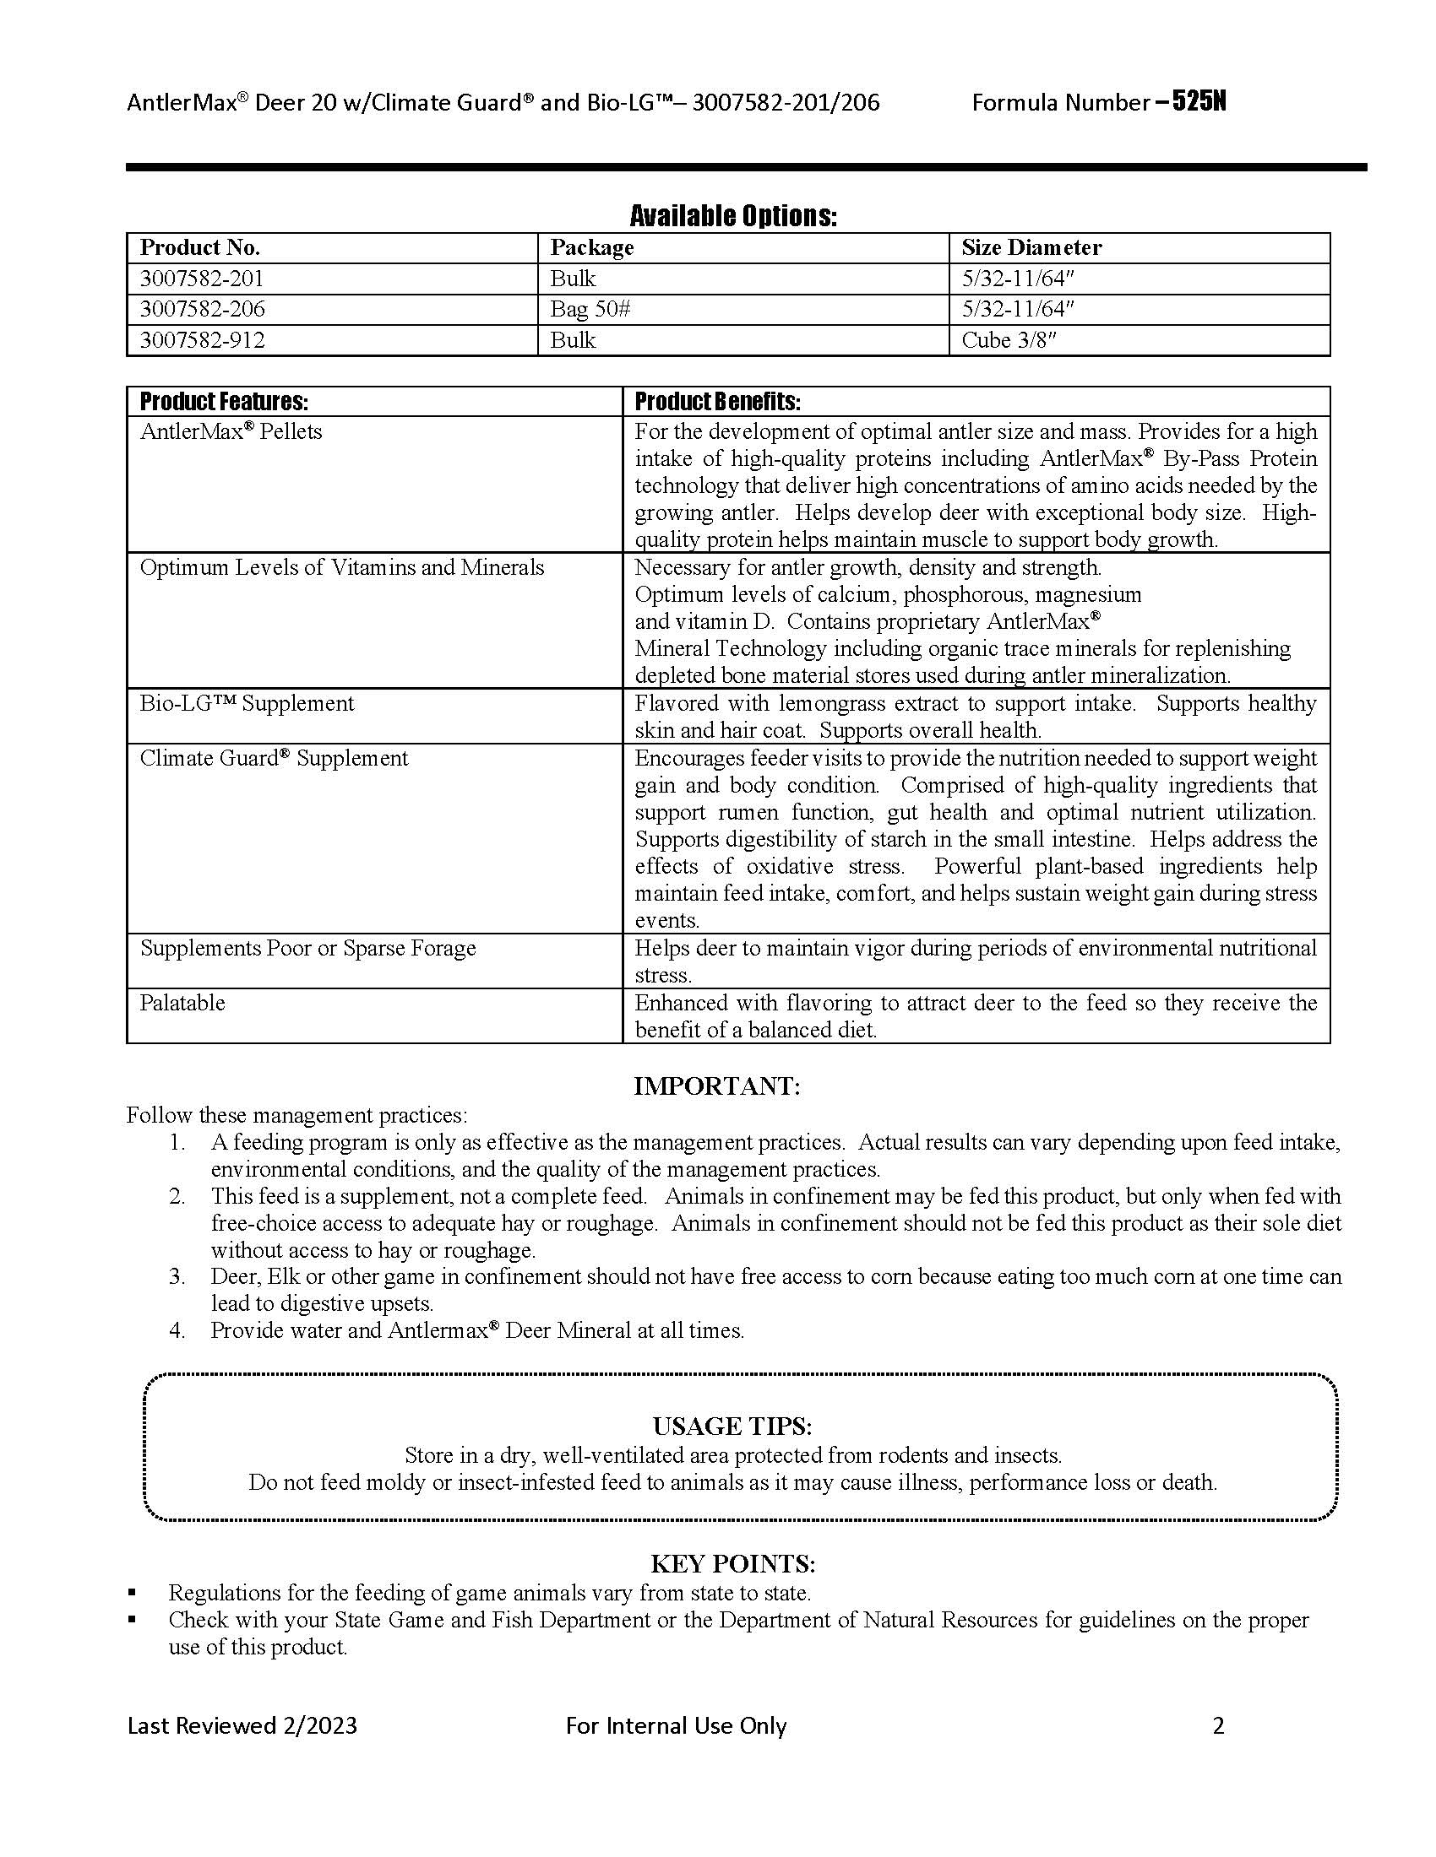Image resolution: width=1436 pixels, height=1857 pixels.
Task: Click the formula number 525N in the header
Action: pyautogui.click(x=1199, y=102)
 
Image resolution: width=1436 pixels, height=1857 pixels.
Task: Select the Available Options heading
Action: pyautogui.click(x=732, y=216)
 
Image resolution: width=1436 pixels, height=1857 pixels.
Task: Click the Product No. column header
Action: pyautogui.click(x=200, y=247)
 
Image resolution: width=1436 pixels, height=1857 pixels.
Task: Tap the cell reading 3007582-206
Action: pyautogui.click(x=203, y=309)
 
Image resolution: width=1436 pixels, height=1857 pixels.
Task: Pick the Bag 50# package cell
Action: pyautogui.click(x=590, y=309)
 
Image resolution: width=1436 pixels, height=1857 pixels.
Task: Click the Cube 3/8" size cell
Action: pyautogui.click(x=1008, y=340)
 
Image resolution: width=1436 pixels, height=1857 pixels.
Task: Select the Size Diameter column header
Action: pyautogui.click(x=1031, y=247)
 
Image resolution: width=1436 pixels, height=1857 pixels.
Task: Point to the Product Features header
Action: pyautogui.click(x=224, y=401)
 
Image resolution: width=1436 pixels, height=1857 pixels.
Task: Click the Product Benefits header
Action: pyautogui.click(x=717, y=401)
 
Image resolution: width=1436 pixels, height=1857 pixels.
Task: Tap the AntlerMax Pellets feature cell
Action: pyautogui.click(x=231, y=431)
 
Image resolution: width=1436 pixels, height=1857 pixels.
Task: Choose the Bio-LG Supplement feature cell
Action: pyautogui.click(x=247, y=703)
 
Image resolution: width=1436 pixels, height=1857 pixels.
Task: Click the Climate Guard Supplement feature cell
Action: pyautogui.click(x=274, y=758)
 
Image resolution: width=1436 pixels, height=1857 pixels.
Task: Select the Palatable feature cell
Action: pyautogui.click(x=183, y=1003)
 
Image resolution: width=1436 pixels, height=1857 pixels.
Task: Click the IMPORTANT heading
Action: pyautogui.click(x=717, y=1086)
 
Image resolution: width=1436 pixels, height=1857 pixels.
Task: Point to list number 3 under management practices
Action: pyautogui.click(x=177, y=1276)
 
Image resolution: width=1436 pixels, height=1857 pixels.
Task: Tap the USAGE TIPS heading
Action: pyautogui.click(x=732, y=1426)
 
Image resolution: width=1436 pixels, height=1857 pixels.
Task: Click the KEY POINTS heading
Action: pyautogui.click(x=732, y=1563)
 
